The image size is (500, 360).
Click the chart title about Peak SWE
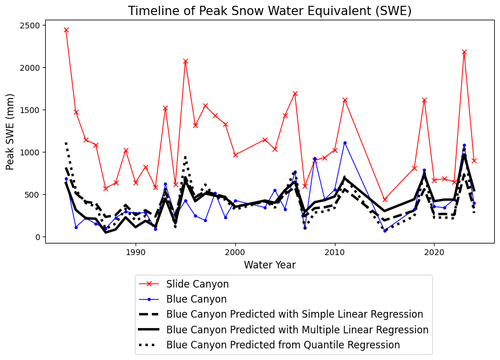click(x=269, y=11)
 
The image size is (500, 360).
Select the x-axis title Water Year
click(x=269, y=265)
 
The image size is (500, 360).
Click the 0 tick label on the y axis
click(x=37, y=237)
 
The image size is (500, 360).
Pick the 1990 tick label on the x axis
click(x=136, y=253)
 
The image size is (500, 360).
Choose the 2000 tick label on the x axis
click(x=235, y=253)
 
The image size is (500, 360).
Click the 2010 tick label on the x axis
click(x=335, y=253)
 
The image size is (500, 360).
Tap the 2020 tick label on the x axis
click(x=435, y=253)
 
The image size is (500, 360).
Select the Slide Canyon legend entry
click(x=197, y=284)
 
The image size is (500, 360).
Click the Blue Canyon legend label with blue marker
click(x=196, y=299)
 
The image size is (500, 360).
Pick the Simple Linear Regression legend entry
click(x=294, y=314)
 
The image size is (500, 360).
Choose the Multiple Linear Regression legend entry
click(x=297, y=330)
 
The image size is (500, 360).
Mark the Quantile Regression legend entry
click(x=283, y=345)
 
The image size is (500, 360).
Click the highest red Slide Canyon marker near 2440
click(x=66, y=30)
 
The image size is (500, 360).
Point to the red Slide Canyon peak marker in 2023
click(x=464, y=52)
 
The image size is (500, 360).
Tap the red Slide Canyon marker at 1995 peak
click(x=185, y=61)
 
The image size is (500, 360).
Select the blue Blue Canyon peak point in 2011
click(x=345, y=143)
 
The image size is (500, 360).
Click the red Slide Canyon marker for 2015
click(x=385, y=199)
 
